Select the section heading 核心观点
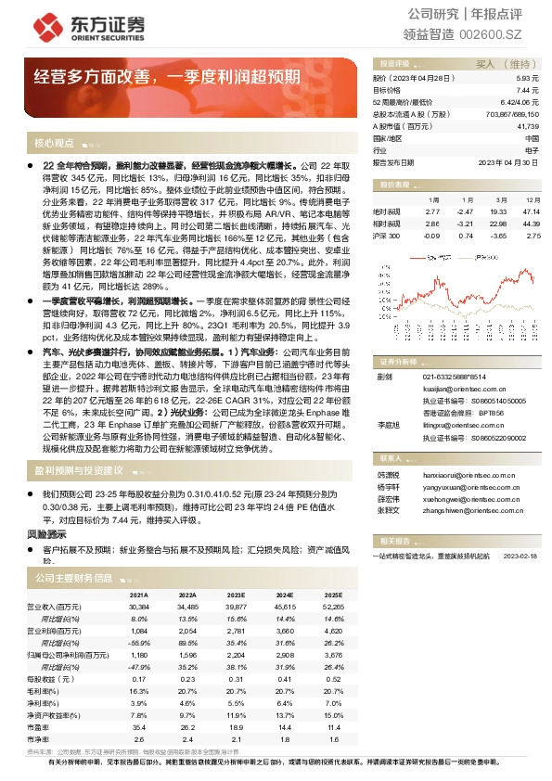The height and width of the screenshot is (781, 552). click(x=54, y=143)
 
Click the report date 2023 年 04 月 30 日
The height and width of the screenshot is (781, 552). click(x=508, y=161)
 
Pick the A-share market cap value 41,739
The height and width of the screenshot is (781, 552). click(x=526, y=125)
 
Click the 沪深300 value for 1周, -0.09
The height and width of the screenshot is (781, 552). click(x=434, y=236)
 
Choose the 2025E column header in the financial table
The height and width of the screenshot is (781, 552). click(x=334, y=595)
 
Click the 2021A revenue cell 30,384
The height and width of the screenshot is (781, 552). click(x=138, y=606)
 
